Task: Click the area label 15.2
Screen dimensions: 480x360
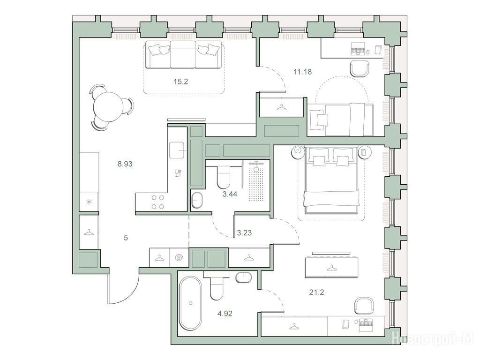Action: tap(180, 82)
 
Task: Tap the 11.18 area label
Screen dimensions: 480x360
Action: tap(302, 72)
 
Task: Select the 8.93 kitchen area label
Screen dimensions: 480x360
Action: tap(125, 164)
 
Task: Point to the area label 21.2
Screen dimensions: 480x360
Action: tap(316, 292)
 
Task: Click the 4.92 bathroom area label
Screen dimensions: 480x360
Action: tap(225, 314)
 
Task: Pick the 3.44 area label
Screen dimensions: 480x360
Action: tap(230, 194)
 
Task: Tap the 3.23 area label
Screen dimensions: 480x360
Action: tap(244, 232)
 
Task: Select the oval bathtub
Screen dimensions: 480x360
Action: tap(190, 303)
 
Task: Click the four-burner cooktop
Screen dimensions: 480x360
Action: tap(157, 202)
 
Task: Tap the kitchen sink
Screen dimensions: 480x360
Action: tap(177, 150)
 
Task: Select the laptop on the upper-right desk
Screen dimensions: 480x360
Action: tap(358, 49)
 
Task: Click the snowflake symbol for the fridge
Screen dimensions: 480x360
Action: tap(89, 202)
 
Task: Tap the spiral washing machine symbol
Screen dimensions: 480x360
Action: tap(179, 258)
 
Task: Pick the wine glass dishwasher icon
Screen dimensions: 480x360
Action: tap(178, 173)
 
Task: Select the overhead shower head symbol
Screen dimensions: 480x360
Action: tap(256, 168)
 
